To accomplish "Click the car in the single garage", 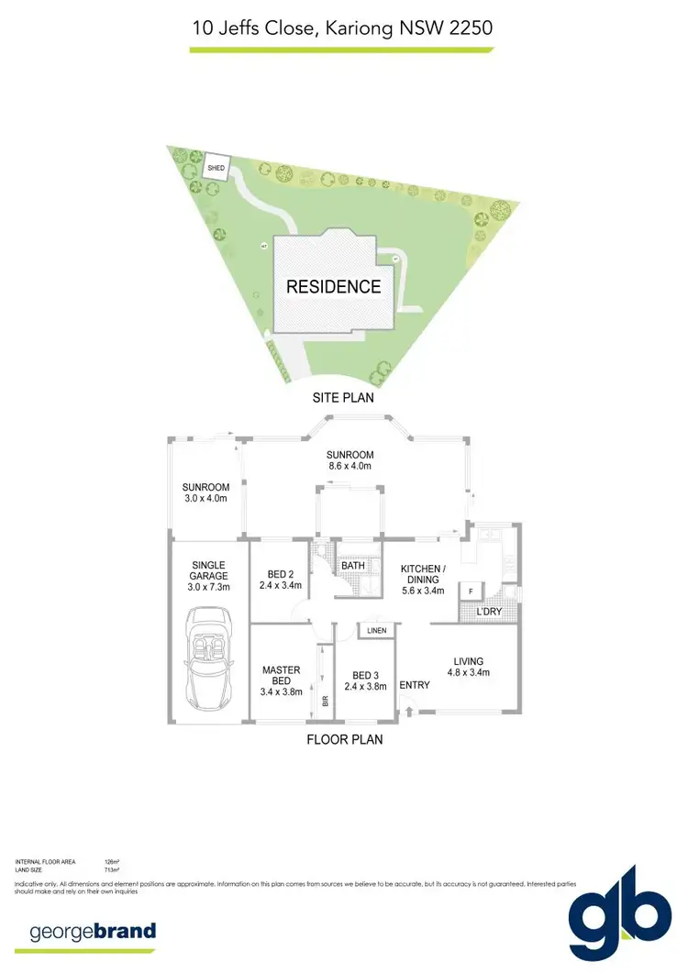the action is [208, 659].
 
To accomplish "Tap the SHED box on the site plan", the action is [216, 168].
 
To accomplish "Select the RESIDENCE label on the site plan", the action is [334, 286].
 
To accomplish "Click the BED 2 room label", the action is [281, 578].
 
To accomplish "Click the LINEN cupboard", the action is [376, 631].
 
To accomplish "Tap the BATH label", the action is [353, 566].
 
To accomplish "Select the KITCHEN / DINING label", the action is [423, 580].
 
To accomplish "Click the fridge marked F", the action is [472, 591].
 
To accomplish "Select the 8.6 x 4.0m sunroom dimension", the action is [350, 466].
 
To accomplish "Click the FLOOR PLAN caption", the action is [345, 739].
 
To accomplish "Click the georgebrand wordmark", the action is [93, 932].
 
